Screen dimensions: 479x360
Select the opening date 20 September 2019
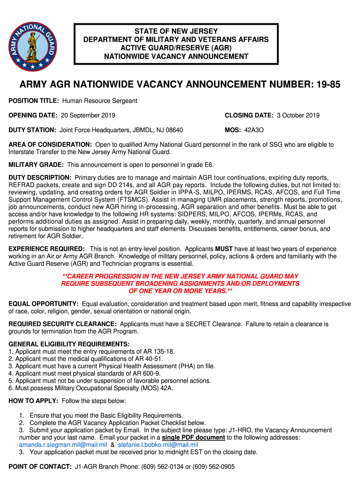pyautogui.click(x=88, y=116)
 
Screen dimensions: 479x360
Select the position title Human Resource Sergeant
pyautogui.click(x=100, y=101)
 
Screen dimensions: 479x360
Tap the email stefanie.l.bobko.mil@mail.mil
pyautogui.click(x=158, y=445)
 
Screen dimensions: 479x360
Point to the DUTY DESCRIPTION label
pyautogui.click(x=40, y=178)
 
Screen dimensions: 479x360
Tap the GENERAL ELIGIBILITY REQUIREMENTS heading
pyautogui.click(x=69, y=344)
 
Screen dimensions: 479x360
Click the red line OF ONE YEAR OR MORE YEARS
pyautogui.click(x=180, y=291)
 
